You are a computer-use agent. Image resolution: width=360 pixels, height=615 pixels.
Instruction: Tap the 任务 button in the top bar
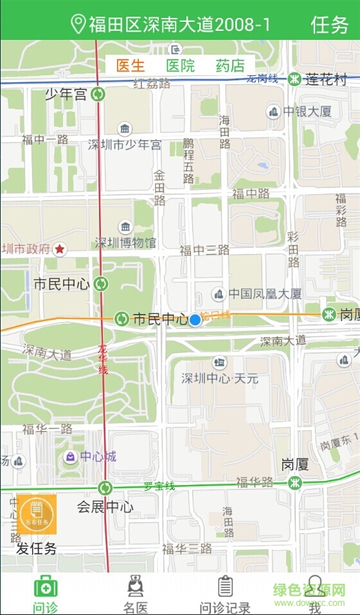(x=330, y=24)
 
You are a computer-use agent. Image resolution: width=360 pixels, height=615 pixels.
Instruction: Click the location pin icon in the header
(x=78, y=24)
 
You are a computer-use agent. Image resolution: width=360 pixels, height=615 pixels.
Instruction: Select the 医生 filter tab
(x=130, y=65)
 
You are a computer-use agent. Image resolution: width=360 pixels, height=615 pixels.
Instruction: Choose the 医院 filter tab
(x=180, y=65)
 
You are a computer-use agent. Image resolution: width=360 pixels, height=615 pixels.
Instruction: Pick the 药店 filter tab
(x=230, y=65)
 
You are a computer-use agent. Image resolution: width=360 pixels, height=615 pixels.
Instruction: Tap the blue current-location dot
(x=195, y=320)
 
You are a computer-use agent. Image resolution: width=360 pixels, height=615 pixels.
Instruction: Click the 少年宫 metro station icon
(x=98, y=95)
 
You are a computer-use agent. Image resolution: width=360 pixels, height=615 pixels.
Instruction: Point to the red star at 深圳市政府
(x=60, y=248)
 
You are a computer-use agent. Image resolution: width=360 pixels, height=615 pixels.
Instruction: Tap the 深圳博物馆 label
(x=125, y=243)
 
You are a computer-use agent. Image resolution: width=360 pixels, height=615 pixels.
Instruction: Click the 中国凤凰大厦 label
(x=265, y=294)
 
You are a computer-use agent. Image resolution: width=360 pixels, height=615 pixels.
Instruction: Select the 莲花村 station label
(x=326, y=79)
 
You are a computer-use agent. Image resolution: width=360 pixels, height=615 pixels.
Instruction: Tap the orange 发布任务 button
(x=37, y=514)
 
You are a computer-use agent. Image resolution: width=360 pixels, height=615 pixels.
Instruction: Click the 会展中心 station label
(x=105, y=507)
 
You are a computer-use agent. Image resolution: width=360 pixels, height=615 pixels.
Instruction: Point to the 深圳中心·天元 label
(x=220, y=378)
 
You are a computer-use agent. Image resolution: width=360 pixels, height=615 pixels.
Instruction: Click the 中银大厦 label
(x=307, y=111)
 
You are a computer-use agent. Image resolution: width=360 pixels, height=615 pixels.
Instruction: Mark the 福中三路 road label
(x=204, y=250)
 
